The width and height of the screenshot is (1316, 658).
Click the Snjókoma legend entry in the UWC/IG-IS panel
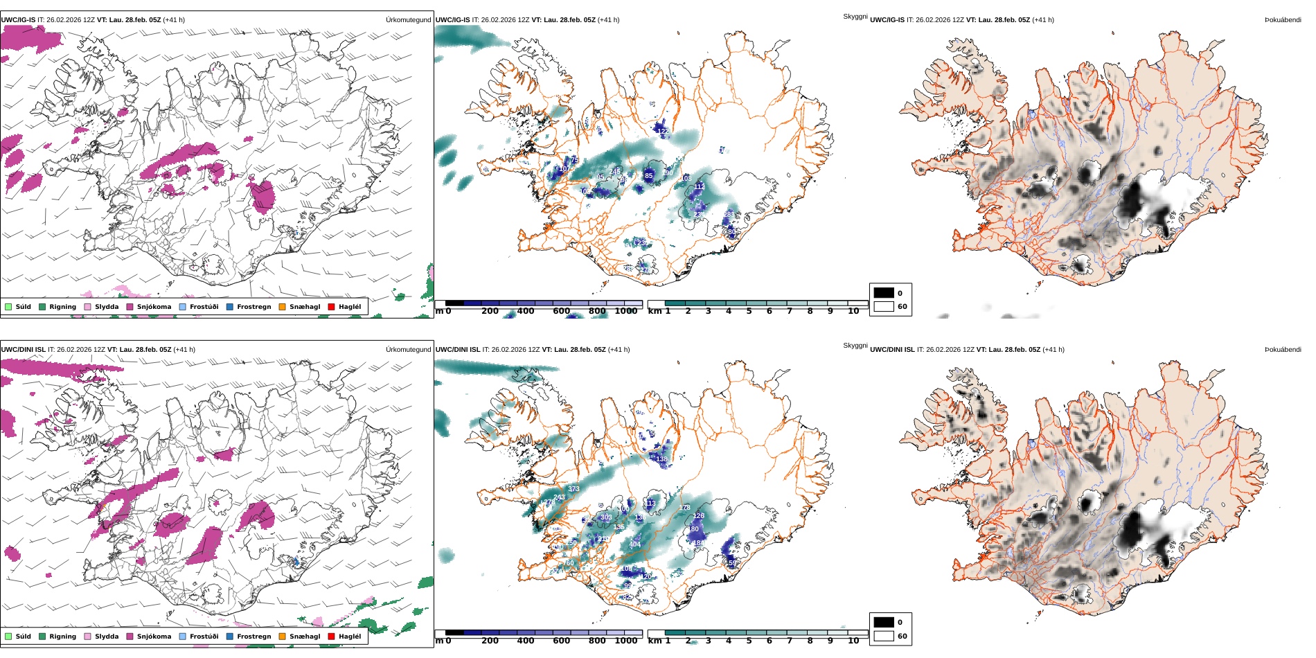tap(153, 307)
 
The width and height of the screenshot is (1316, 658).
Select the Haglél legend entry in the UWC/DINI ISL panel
tap(349, 637)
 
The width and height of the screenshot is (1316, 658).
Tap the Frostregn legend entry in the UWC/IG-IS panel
tap(254, 307)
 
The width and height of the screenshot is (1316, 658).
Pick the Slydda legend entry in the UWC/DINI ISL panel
tap(106, 637)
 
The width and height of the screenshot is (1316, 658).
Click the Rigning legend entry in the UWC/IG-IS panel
tap(62, 307)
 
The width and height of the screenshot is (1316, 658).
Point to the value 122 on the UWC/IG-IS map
tap(663, 131)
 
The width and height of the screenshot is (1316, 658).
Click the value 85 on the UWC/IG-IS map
tap(649, 176)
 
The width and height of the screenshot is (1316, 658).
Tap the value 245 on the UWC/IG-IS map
tap(615, 172)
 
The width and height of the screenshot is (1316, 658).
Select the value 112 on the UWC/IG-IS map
tap(700, 186)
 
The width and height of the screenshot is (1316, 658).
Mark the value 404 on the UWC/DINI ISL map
tap(635, 544)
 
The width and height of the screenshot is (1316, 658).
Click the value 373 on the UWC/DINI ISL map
tap(573, 489)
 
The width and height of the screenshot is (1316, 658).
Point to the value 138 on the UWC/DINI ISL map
tap(661, 459)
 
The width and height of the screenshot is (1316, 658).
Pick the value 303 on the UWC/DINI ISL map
tap(606, 517)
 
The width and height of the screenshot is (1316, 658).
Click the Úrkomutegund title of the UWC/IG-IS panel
tap(408, 20)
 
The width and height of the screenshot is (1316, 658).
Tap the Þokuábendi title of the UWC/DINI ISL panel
tap(1283, 350)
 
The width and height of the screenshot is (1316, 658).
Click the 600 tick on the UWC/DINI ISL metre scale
tap(562, 641)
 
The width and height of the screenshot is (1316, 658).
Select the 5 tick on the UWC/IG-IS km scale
tap(749, 311)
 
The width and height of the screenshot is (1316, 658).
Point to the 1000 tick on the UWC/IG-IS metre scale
tap(626, 311)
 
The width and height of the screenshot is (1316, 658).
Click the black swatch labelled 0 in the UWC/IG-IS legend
tap(884, 293)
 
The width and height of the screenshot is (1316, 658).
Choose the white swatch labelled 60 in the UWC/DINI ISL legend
tap(884, 636)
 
